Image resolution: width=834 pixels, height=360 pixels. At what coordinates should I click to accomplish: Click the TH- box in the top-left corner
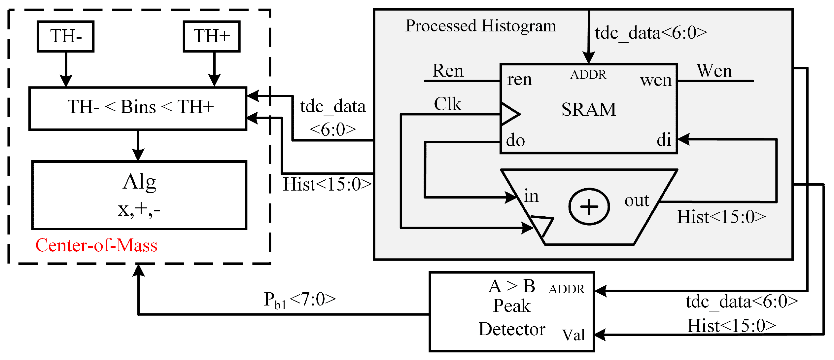coord(66,36)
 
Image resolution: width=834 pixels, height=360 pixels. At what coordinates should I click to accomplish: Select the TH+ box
coord(212,36)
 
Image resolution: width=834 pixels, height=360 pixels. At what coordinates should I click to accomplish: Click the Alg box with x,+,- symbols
coord(139,195)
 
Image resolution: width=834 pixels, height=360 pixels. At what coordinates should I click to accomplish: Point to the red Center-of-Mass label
coord(96,245)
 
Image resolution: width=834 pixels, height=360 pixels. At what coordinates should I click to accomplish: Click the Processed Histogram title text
coord(481,26)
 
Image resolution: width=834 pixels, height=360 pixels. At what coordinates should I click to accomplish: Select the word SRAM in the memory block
coord(589,110)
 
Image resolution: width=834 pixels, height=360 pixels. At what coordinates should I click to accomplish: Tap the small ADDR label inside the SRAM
coord(588,75)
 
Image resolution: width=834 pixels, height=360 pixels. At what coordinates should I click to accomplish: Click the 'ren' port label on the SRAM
coord(519,80)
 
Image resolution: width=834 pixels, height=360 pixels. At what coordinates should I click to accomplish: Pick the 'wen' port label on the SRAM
coord(656,80)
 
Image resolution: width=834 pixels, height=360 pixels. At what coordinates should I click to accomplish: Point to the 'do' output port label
coord(515,141)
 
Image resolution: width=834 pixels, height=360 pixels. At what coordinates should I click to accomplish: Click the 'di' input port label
coord(664,140)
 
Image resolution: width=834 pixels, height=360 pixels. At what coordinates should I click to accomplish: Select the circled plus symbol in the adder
coord(589,207)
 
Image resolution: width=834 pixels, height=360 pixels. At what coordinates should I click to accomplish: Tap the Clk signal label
coord(447,104)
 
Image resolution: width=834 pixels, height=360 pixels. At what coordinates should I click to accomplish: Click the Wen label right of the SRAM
coord(714,71)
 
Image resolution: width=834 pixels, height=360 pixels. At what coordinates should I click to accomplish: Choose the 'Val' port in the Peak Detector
coord(573,335)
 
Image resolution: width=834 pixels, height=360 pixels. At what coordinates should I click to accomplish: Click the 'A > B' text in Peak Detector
coord(512,286)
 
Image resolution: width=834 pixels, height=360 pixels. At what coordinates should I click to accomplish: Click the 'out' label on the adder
coord(637,200)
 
